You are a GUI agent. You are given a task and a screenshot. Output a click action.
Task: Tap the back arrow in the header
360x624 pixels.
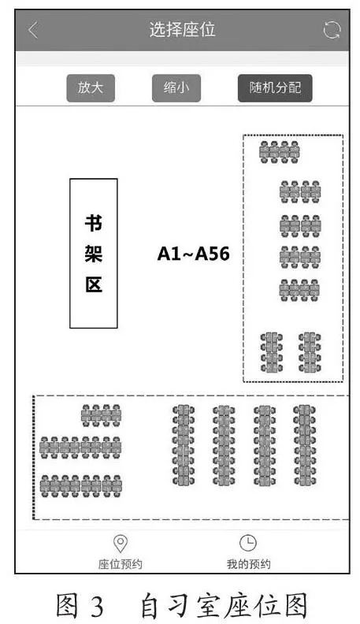pyautogui.click(x=33, y=30)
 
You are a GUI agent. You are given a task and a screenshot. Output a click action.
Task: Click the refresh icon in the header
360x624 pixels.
pyautogui.click(x=332, y=30)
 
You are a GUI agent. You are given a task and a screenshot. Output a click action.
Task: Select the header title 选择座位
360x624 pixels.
pyautogui.click(x=183, y=30)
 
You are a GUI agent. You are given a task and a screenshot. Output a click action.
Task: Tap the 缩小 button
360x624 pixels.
pyautogui.click(x=176, y=88)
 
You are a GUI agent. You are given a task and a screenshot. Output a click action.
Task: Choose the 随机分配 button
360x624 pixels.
pyautogui.click(x=275, y=88)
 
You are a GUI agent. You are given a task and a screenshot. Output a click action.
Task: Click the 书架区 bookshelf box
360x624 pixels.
pyautogui.click(x=94, y=254)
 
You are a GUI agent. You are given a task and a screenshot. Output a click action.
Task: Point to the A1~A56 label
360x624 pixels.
pyautogui.click(x=193, y=254)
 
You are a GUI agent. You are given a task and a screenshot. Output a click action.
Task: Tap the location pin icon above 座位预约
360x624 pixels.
pyautogui.click(x=121, y=544)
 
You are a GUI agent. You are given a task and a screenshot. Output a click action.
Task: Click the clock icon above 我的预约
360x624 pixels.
pyautogui.click(x=248, y=543)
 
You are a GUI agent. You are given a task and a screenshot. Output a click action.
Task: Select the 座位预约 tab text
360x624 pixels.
pyautogui.click(x=121, y=564)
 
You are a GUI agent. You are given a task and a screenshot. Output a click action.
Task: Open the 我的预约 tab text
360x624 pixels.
pyautogui.click(x=249, y=564)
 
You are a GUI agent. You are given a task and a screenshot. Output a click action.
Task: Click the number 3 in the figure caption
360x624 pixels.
pyautogui.click(x=97, y=606)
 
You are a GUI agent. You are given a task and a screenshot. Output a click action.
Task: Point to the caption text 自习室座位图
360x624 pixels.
pyautogui.click(x=224, y=605)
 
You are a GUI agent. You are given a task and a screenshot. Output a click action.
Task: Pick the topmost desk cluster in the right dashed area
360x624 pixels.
pyautogui.click(x=279, y=152)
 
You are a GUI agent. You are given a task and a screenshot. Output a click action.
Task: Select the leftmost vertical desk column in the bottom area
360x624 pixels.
pyautogui.click(x=184, y=445)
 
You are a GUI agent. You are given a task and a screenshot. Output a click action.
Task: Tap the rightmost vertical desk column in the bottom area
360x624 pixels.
pyautogui.click(x=305, y=445)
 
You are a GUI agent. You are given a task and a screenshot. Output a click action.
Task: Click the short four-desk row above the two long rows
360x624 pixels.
pyautogui.click(x=101, y=415)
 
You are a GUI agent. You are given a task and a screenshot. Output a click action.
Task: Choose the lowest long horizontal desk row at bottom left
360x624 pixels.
pyautogui.click(x=81, y=486)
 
